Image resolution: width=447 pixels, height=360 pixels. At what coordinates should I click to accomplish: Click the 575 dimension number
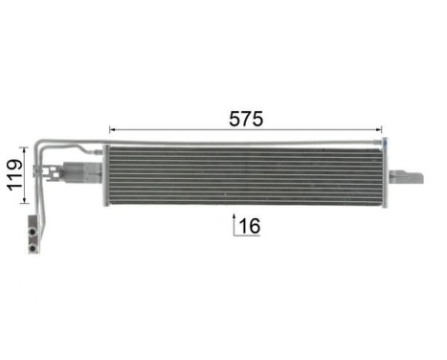click(x=246, y=118)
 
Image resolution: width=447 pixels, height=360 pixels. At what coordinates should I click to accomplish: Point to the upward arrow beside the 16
click(x=234, y=224)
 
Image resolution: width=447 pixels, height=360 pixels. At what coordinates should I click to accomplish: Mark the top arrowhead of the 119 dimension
click(x=26, y=148)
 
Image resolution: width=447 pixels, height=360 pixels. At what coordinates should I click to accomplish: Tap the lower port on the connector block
click(x=34, y=244)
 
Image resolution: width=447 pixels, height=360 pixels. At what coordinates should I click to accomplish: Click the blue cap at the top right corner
click(x=385, y=143)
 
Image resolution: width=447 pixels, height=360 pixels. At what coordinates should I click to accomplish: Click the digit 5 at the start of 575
click(x=235, y=118)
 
